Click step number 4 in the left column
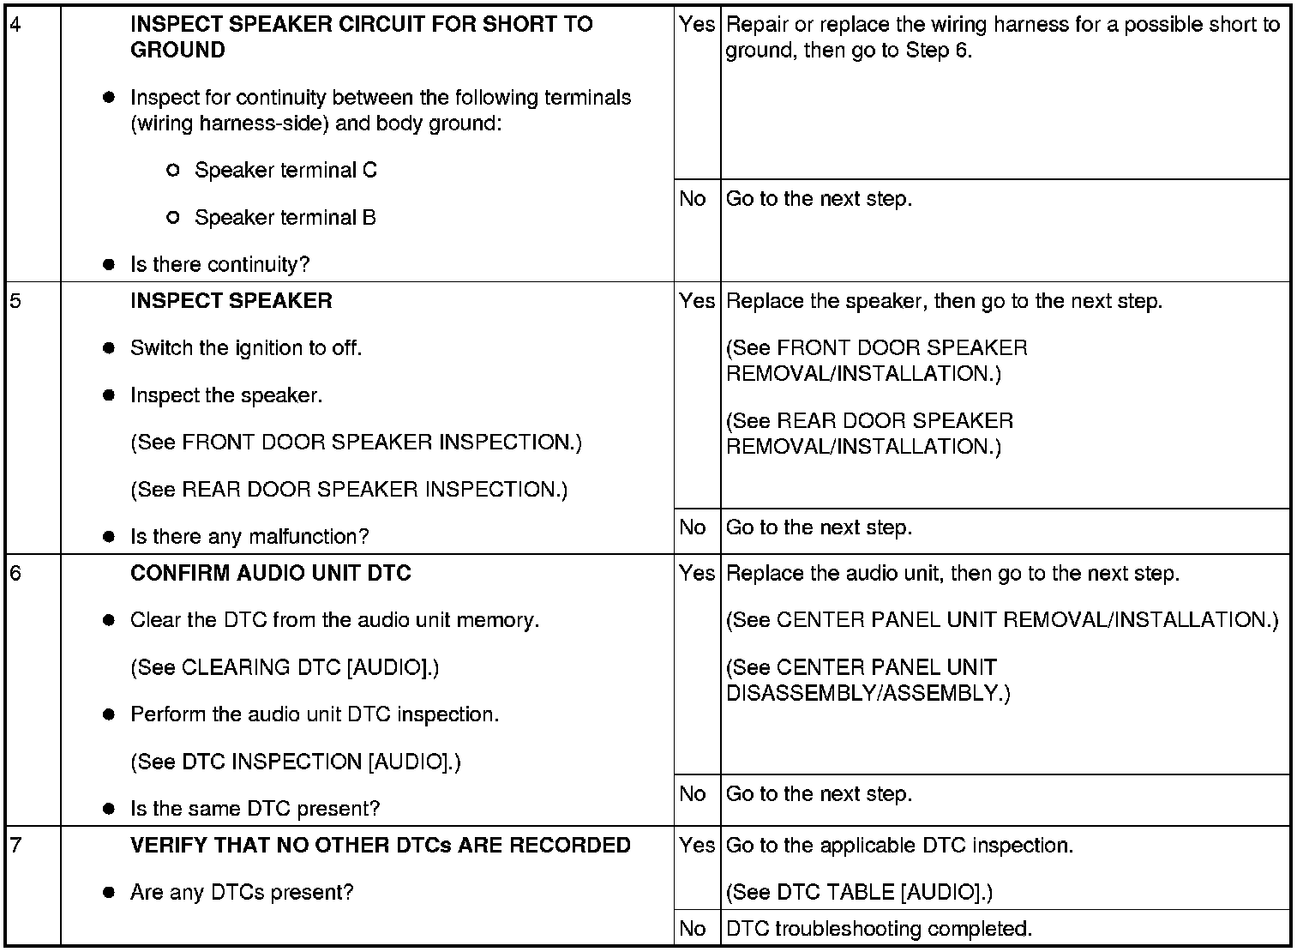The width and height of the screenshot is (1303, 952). [x=15, y=23]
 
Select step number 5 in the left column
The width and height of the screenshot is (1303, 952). [x=15, y=301]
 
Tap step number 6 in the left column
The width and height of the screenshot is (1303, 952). [x=15, y=573]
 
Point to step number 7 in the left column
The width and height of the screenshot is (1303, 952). [x=15, y=845]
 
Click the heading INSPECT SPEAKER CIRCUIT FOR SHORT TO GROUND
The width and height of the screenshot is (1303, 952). [x=361, y=37]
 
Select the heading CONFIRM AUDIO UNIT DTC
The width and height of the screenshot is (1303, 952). [x=270, y=573]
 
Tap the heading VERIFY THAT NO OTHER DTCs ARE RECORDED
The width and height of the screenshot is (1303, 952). [x=380, y=845]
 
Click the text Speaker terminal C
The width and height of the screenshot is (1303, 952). [x=285, y=170]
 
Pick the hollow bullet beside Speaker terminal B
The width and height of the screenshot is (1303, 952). [x=173, y=218]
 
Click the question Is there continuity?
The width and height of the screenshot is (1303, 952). [x=219, y=264]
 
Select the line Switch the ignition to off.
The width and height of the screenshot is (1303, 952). [x=246, y=348]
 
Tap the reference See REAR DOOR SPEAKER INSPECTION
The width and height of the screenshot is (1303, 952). [x=349, y=490]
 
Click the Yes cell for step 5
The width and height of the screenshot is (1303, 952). [x=696, y=301]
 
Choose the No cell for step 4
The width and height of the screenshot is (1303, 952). [x=692, y=199]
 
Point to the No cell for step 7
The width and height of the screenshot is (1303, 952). [x=692, y=929]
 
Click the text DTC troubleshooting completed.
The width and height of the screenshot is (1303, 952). [x=879, y=929]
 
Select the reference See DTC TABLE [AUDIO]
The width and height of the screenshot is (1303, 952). [x=859, y=892]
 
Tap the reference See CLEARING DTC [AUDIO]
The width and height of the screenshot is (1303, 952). [x=285, y=667]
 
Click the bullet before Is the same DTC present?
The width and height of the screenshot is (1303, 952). [x=109, y=809]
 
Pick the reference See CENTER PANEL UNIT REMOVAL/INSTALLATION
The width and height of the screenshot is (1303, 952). [x=1002, y=620]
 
